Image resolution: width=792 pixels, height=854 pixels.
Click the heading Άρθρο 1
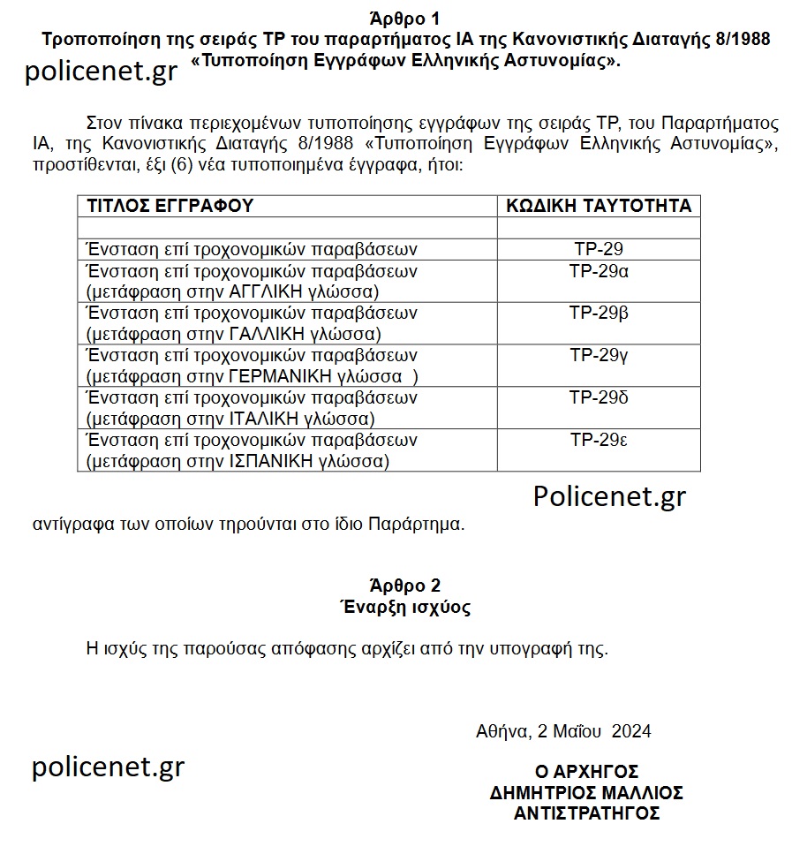pos(405,18)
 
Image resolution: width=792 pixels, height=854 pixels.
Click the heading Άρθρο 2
pos(405,586)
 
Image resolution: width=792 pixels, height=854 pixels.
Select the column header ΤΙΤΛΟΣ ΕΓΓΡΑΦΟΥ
pos(170,206)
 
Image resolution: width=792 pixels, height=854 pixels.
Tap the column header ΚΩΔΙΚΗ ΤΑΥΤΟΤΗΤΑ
pos(599,206)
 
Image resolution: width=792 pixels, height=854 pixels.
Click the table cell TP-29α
pos(599,271)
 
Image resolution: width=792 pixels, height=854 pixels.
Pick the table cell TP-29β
pos(599,314)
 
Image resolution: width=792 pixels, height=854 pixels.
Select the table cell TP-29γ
pos(599,356)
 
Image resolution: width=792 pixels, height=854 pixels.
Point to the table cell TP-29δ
pos(599,398)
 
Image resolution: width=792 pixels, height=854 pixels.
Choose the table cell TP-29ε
pos(599,441)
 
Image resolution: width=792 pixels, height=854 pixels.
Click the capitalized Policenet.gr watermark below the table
pos(609,496)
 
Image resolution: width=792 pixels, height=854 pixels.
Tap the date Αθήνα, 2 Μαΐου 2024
pos(563,731)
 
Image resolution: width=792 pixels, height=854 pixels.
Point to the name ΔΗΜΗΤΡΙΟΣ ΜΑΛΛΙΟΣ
pos(586,792)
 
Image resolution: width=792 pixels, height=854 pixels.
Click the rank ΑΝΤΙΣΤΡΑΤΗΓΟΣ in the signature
pos(586,812)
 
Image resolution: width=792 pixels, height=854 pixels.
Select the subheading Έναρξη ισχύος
pos(405,608)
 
